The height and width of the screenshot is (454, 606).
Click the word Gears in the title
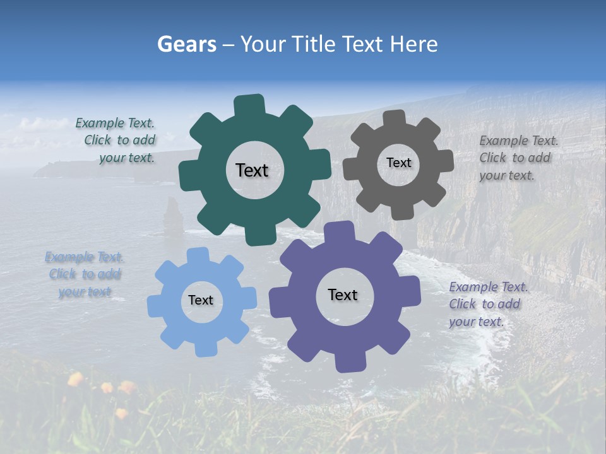(x=186, y=44)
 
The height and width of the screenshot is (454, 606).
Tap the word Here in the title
(x=413, y=44)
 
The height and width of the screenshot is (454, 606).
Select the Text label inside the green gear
(x=252, y=170)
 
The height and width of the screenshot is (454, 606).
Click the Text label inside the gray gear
(x=398, y=163)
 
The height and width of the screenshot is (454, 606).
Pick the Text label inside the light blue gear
(x=201, y=300)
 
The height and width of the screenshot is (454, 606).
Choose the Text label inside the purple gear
(x=343, y=294)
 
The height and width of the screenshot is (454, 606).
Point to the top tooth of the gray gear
(x=394, y=118)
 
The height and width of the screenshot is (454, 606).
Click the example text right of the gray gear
(x=518, y=158)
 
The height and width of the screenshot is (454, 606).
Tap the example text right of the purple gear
(x=488, y=304)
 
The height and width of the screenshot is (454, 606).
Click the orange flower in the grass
(x=75, y=379)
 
